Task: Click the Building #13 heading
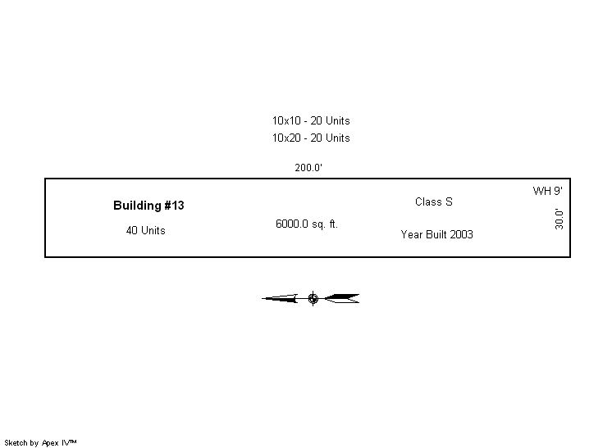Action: click(148, 206)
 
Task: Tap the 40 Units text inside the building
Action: click(145, 231)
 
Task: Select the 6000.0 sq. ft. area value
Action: click(306, 224)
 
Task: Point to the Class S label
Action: click(434, 201)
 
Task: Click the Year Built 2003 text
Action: click(436, 234)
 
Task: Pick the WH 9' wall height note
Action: click(547, 191)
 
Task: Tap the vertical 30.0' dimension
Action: click(559, 219)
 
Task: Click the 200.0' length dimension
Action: click(308, 168)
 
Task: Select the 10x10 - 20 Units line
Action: click(311, 120)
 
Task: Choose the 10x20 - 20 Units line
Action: click(311, 138)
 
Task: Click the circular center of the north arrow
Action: click(313, 299)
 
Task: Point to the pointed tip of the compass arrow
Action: click(263, 299)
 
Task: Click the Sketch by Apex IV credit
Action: click(40, 443)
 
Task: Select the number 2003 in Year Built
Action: click(461, 234)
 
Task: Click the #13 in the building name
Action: click(174, 206)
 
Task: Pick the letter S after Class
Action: click(449, 201)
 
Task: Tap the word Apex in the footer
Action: click(50, 443)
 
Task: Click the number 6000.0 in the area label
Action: click(292, 224)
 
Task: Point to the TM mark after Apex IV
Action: click(73, 441)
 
